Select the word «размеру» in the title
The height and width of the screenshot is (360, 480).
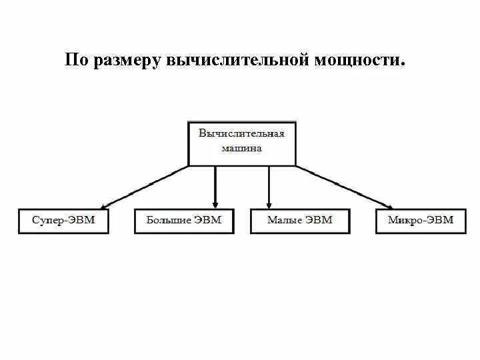click(x=124, y=61)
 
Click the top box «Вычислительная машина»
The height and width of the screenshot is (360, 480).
click(x=242, y=143)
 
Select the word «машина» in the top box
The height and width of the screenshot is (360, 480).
click(x=242, y=149)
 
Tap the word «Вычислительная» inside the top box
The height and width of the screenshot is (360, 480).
click(x=242, y=133)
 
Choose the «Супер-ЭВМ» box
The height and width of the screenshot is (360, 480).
click(x=63, y=221)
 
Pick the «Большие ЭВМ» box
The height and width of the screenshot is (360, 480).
click(x=184, y=221)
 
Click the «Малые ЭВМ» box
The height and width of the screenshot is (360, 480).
click(x=299, y=221)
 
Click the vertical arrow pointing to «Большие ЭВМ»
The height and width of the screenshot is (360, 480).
click(x=215, y=187)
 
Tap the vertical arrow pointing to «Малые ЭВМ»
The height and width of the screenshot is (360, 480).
click(x=269, y=187)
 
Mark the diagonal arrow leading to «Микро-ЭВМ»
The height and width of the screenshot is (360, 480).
click(x=343, y=187)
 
